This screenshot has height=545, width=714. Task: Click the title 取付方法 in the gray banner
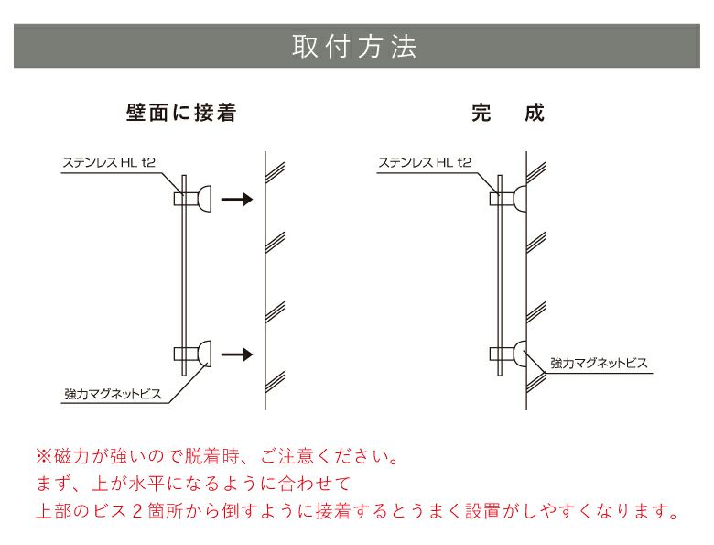[354, 47]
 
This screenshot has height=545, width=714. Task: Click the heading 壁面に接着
[181, 114]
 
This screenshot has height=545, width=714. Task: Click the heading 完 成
[507, 114]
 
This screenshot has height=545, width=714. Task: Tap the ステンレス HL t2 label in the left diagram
[109, 163]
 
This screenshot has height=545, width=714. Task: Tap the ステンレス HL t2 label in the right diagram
[425, 163]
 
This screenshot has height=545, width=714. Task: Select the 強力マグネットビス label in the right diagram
[599, 364]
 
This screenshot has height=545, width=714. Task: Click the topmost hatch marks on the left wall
[274, 169]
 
